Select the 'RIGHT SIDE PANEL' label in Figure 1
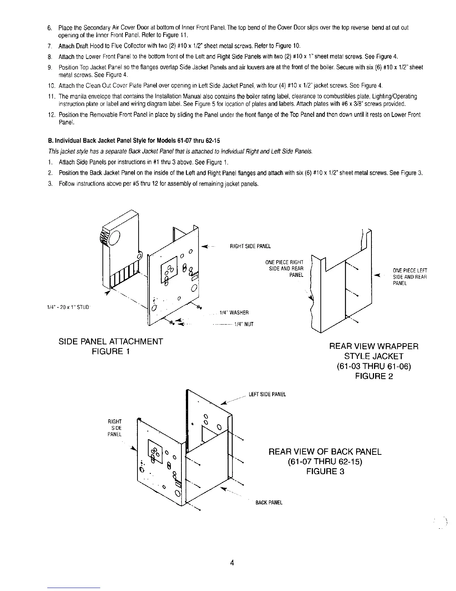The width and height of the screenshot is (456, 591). pos(250,246)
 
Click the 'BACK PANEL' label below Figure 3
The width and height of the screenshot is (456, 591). pos(269,503)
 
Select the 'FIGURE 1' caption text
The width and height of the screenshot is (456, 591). pos(111,351)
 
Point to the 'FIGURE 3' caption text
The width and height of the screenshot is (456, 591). pos(325,471)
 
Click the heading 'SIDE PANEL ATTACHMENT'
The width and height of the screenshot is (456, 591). pos(111,341)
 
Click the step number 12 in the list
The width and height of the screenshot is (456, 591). pos(52,115)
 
